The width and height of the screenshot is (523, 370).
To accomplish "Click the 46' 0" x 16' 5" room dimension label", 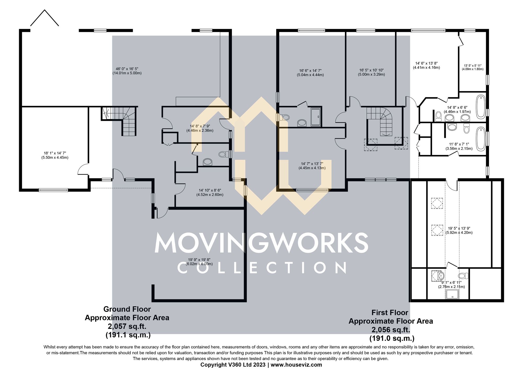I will [x=127, y=71].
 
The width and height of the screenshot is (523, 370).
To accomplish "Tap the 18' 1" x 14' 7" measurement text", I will [x=55, y=155].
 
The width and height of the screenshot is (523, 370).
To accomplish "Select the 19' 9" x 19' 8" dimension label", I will [x=199, y=262].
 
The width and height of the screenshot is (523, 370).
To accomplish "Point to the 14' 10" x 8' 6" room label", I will [x=210, y=193].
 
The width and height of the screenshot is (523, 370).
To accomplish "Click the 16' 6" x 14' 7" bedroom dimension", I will [x=310, y=73].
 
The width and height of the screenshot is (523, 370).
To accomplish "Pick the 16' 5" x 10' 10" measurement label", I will [x=371, y=72].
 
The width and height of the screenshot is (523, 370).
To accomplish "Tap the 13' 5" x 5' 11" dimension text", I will [x=473, y=68].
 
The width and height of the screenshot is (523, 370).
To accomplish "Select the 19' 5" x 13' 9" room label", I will [x=459, y=230].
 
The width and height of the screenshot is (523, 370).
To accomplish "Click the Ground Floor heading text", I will [x=127, y=309].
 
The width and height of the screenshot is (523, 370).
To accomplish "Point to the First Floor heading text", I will [x=390, y=312].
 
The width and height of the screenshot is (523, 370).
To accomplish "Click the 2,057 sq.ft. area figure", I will [x=127, y=326].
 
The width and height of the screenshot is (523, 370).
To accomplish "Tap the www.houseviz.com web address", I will [x=296, y=365].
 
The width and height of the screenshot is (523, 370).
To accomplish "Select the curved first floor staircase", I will [x=382, y=120].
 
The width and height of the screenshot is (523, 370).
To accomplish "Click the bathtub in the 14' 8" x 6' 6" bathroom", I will [x=481, y=107].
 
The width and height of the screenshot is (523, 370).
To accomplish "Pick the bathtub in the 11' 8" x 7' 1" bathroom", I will [x=481, y=139].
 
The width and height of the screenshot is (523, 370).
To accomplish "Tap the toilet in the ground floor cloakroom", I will [x=223, y=154].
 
